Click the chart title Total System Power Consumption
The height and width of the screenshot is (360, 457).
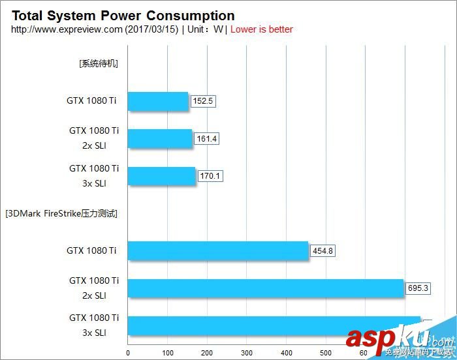pos(123,16)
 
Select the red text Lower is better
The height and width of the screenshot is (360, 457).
pos(262,29)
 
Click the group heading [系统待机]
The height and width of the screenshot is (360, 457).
pos(99,64)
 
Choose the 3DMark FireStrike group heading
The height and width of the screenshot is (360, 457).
pos(61,213)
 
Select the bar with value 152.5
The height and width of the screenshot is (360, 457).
pos(158,101)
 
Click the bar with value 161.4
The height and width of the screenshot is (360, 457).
pos(160,139)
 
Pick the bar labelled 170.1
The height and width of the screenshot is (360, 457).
pos(162,176)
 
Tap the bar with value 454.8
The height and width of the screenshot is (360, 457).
pos(218,250)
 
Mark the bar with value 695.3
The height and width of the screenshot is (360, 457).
pos(266,288)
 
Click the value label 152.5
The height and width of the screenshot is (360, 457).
pos(203,101)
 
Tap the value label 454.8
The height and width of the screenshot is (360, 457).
pos(323,250)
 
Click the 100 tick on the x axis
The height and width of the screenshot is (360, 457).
pos(168,353)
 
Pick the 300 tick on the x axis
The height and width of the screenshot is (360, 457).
pos(247,353)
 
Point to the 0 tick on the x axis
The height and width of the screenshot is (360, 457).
pos(128,353)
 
